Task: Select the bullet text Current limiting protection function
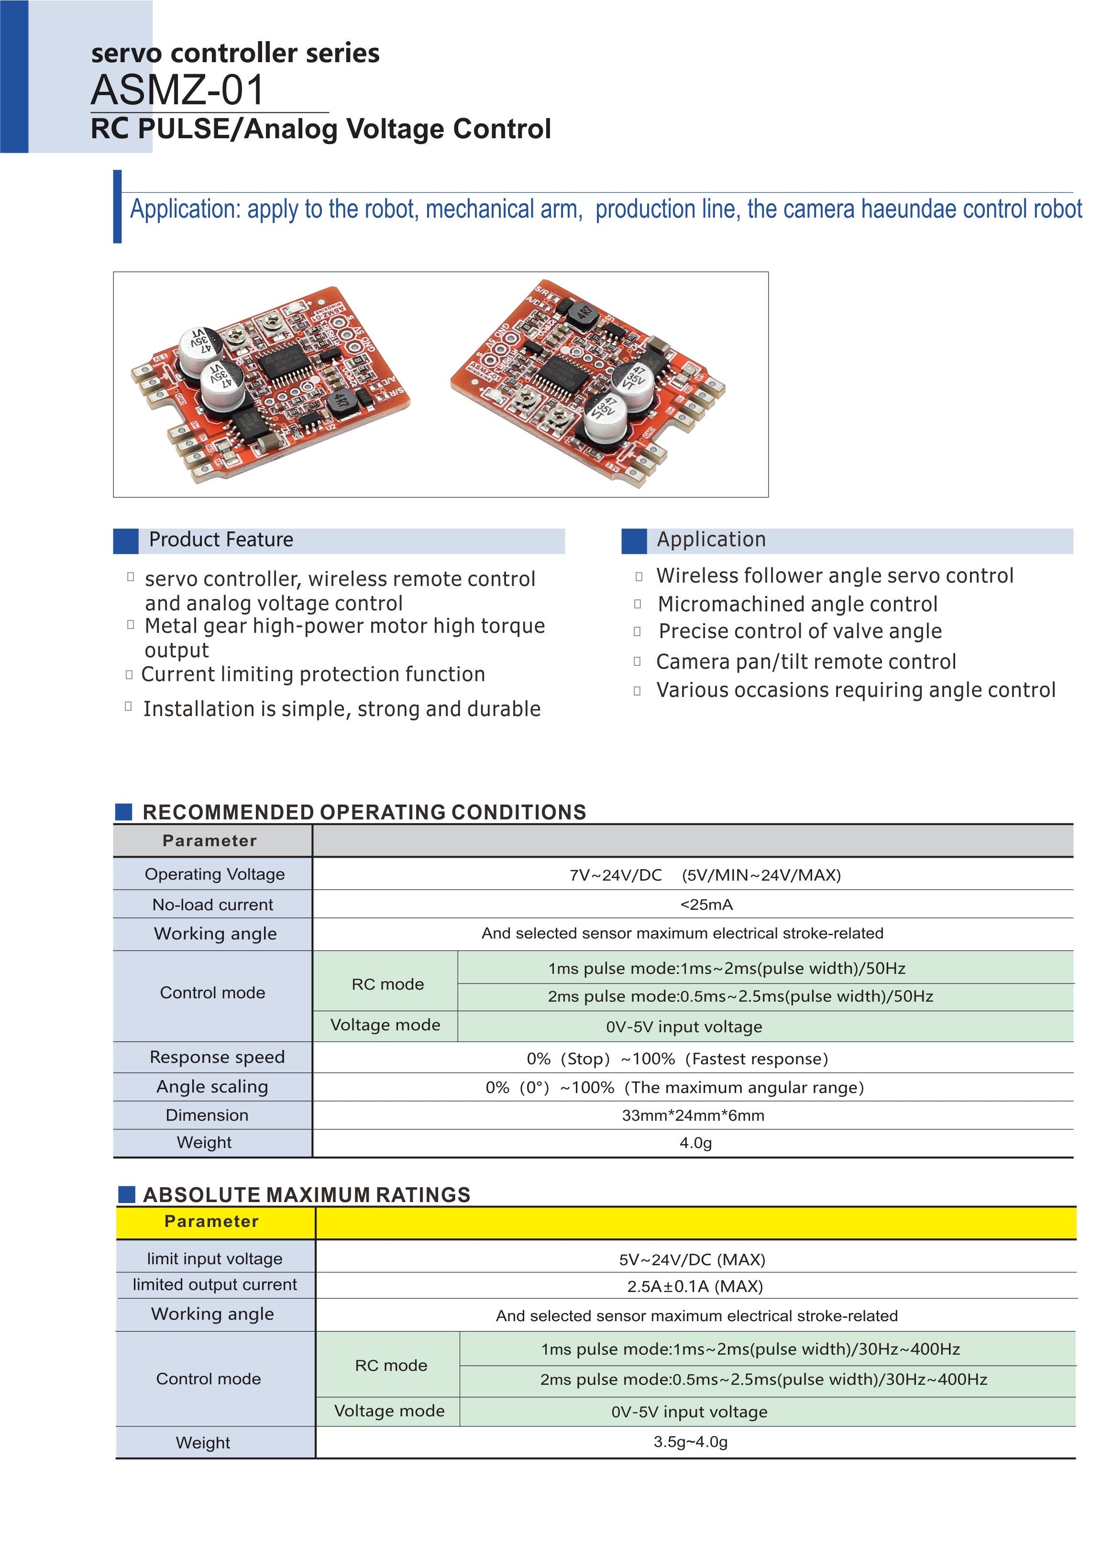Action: [313, 674]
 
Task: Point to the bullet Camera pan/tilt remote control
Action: [805, 662]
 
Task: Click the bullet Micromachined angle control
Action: [797, 604]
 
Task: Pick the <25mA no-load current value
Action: [705, 905]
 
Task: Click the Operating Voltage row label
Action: [214, 874]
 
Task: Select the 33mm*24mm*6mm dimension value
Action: [693, 1115]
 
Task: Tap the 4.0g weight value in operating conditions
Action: [695, 1143]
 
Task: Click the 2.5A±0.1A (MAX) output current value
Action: [695, 1286]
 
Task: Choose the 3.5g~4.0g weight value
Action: [690, 1442]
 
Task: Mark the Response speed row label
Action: [217, 1057]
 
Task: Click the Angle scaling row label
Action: [212, 1086]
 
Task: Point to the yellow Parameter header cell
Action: [212, 1222]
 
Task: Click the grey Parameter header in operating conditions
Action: [209, 841]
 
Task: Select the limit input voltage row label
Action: [214, 1259]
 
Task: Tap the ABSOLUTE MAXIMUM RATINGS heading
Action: [307, 1194]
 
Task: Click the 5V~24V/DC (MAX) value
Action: [692, 1259]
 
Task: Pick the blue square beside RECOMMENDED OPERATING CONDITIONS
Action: [123, 812]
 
